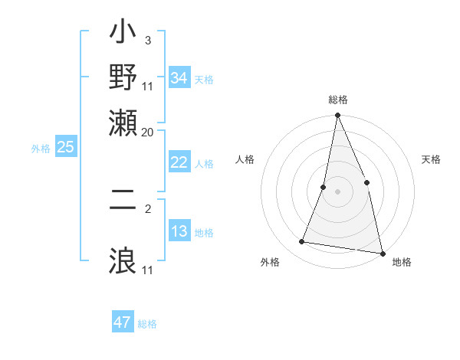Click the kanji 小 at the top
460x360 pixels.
coord(123,36)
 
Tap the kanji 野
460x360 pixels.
coord(123,79)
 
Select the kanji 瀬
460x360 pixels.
coord(123,122)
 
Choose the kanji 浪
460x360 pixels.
coord(123,259)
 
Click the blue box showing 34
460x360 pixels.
coord(179,78)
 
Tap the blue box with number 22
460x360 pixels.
coord(179,162)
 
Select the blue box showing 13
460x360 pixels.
coord(179,231)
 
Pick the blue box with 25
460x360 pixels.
coord(65,147)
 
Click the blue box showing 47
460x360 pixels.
coord(123,322)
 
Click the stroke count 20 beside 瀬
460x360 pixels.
coord(148,132)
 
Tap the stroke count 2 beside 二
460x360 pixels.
coord(148,207)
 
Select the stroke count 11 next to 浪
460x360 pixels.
coord(148,270)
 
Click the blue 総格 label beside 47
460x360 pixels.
coord(147,324)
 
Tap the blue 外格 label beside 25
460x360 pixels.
coord(41,149)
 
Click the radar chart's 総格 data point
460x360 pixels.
coord(337,116)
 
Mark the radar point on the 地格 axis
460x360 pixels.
coord(382,252)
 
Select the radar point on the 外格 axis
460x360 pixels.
coord(302,242)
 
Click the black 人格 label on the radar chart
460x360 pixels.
coord(245,159)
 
